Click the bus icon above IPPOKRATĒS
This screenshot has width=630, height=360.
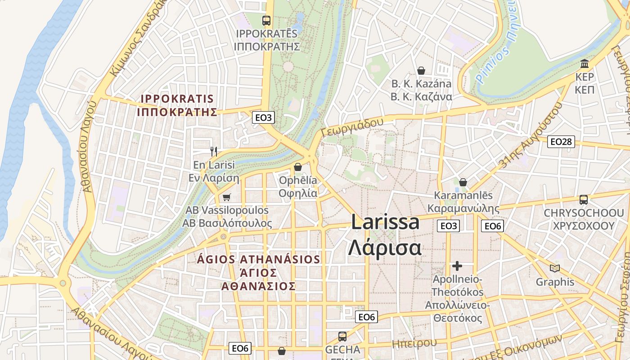tap(266, 20)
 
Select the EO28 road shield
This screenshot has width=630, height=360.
tap(561, 142)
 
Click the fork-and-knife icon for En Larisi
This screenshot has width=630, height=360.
tap(214, 152)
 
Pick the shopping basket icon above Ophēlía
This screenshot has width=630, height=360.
tap(297, 167)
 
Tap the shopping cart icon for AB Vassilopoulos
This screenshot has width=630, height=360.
tap(226, 197)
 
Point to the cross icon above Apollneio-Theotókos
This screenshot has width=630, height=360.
tap(457, 266)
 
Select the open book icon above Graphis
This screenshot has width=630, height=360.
tap(555, 269)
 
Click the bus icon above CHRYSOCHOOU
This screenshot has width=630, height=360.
tap(584, 199)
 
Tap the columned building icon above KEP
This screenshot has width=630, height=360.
tap(585, 63)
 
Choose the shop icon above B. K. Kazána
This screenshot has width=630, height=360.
tap(421, 71)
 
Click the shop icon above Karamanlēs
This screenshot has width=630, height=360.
tap(463, 182)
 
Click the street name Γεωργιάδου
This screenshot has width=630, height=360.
tap(352, 126)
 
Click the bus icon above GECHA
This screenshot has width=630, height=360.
tap(342, 336)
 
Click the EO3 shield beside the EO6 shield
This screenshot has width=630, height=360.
tap(449, 226)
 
